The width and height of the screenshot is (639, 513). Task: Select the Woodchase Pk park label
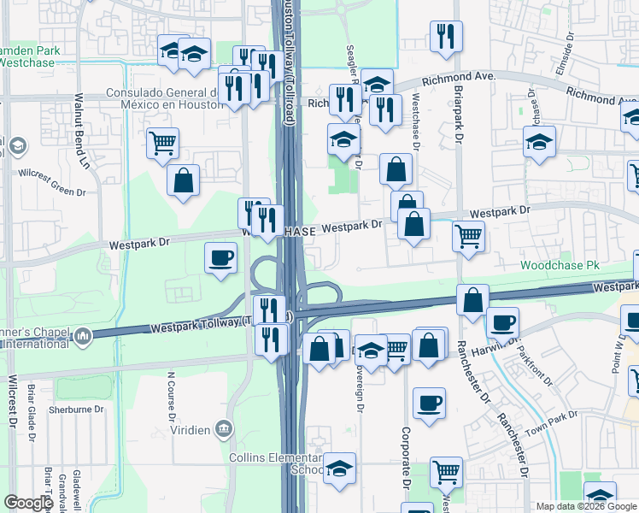565,266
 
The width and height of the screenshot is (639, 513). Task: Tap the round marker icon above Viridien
224,427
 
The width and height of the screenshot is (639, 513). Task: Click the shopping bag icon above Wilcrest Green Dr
184,180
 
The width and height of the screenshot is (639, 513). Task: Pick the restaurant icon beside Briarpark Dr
446,36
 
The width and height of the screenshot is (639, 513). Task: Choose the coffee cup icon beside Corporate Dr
429,402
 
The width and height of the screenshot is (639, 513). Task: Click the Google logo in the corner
29,504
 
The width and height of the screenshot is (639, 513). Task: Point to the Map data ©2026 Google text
586,506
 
